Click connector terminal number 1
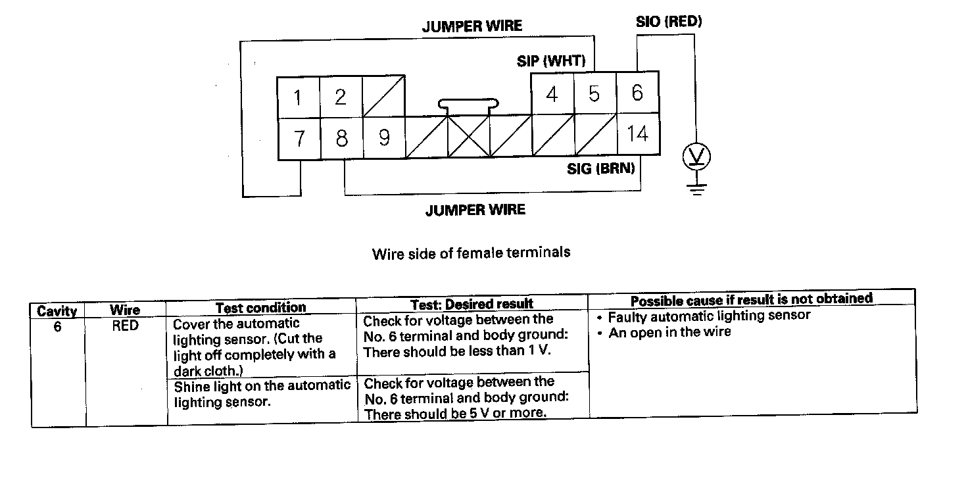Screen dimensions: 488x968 coord(298,98)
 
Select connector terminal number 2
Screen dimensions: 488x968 coord(341,98)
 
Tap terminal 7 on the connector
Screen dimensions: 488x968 coord(299,139)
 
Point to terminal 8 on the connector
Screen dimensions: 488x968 coord(341,139)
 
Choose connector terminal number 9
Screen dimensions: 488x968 coord(384,137)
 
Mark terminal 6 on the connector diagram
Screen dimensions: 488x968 coord(637,93)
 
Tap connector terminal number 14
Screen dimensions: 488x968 coord(637,134)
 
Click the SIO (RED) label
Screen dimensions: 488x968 coord(669,22)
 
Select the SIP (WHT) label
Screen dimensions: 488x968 coord(551,61)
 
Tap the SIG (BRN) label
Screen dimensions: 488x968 coord(601,169)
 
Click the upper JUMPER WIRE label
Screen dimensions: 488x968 coord(472,26)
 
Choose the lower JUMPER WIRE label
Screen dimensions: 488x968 coord(475,210)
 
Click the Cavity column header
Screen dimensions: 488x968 coord(57,310)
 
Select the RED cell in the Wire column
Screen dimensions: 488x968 coord(125,325)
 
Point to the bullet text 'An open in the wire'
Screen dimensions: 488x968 coord(669,332)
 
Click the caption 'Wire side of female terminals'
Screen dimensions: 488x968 coord(471,253)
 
